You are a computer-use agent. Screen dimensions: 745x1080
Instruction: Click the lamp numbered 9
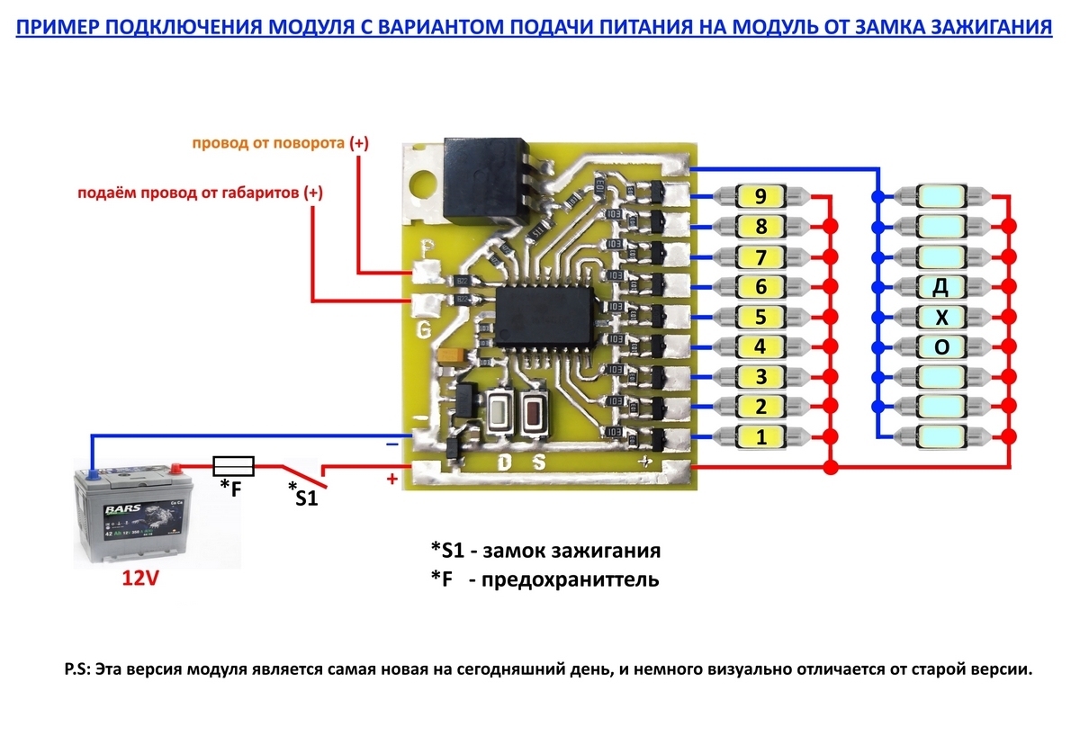pyautogui.click(x=760, y=195)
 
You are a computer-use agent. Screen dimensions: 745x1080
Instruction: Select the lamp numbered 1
pyautogui.click(x=760, y=438)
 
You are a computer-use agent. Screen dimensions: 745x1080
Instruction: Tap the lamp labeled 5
pyautogui.click(x=760, y=317)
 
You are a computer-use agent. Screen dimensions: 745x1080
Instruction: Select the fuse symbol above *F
pyautogui.click(x=233, y=466)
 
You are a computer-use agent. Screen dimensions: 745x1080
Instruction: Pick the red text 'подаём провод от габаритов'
pyautogui.click(x=188, y=193)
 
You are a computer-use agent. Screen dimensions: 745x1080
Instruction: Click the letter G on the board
pyautogui.click(x=424, y=330)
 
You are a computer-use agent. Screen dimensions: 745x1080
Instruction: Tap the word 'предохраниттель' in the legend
pyautogui.click(x=571, y=579)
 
